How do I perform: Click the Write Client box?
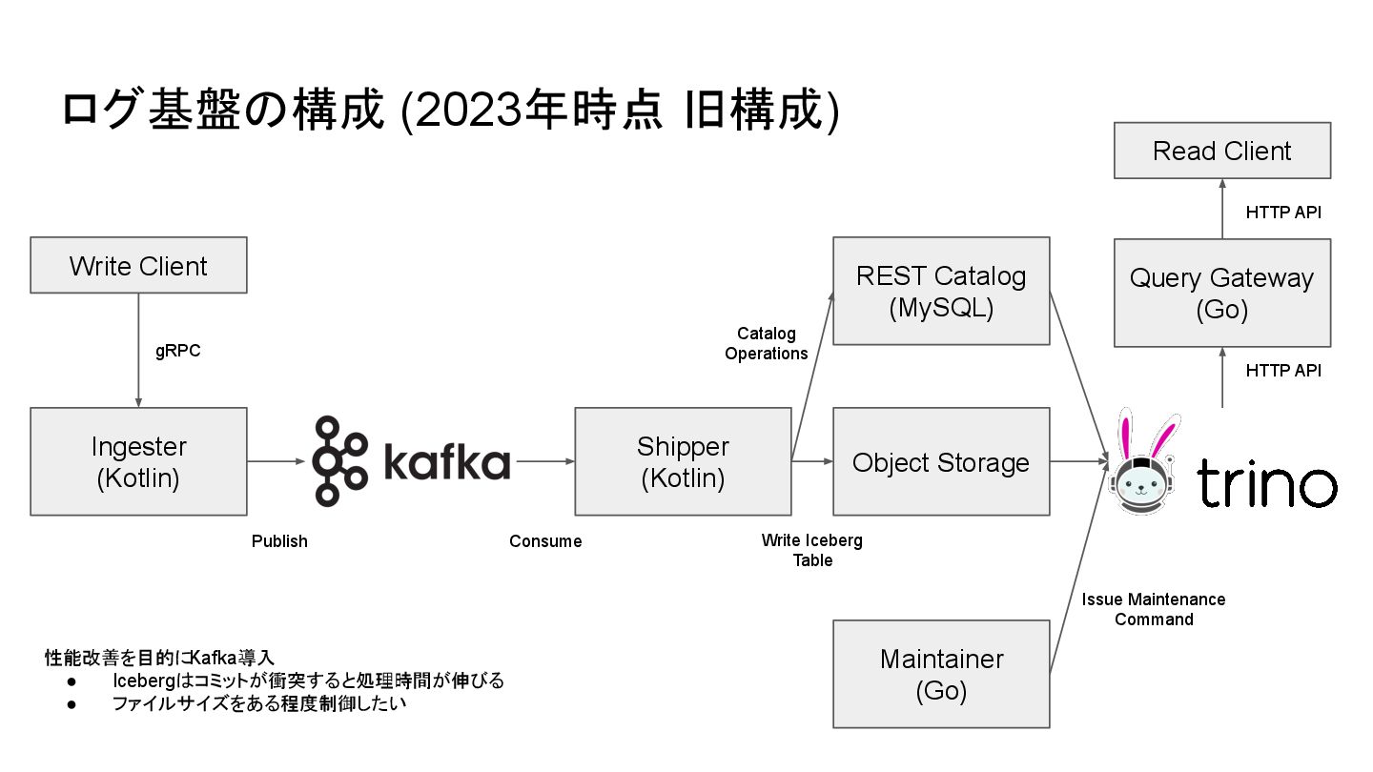(x=138, y=265)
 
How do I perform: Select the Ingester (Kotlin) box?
(x=138, y=462)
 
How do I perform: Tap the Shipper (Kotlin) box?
(x=683, y=462)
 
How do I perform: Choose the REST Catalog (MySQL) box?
(x=941, y=291)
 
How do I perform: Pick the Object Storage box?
(x=941, y=462)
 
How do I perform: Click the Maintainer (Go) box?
(x=941, y=675)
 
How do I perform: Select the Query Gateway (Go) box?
(x=1221, y=293)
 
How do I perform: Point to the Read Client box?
(x=1221, y=151)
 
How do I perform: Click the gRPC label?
(x=178, y=351)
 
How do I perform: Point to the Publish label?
(x=279, y=541)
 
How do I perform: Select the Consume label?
(x=545, y=541)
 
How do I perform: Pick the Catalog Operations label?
(x=766, y=343)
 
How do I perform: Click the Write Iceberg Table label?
(x=812, y=550)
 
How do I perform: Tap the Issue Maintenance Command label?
(x=1154, y=609)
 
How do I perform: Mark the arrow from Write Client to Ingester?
(x=138, y=350)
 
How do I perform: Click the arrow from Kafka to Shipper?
(x=543, y=462)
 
